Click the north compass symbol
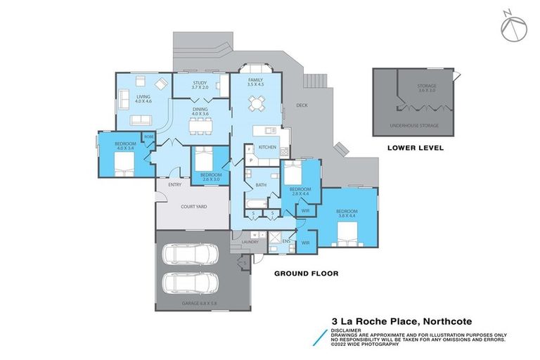tap(512, 25)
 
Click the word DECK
tap(302, 106)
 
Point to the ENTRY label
tap(175, 185)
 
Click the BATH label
tap(261, 184)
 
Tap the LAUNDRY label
tap(250, 242)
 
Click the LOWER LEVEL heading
tap(413, 148)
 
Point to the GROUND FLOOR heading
tap(306, 273)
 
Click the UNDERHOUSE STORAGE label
tap(414, 126)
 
